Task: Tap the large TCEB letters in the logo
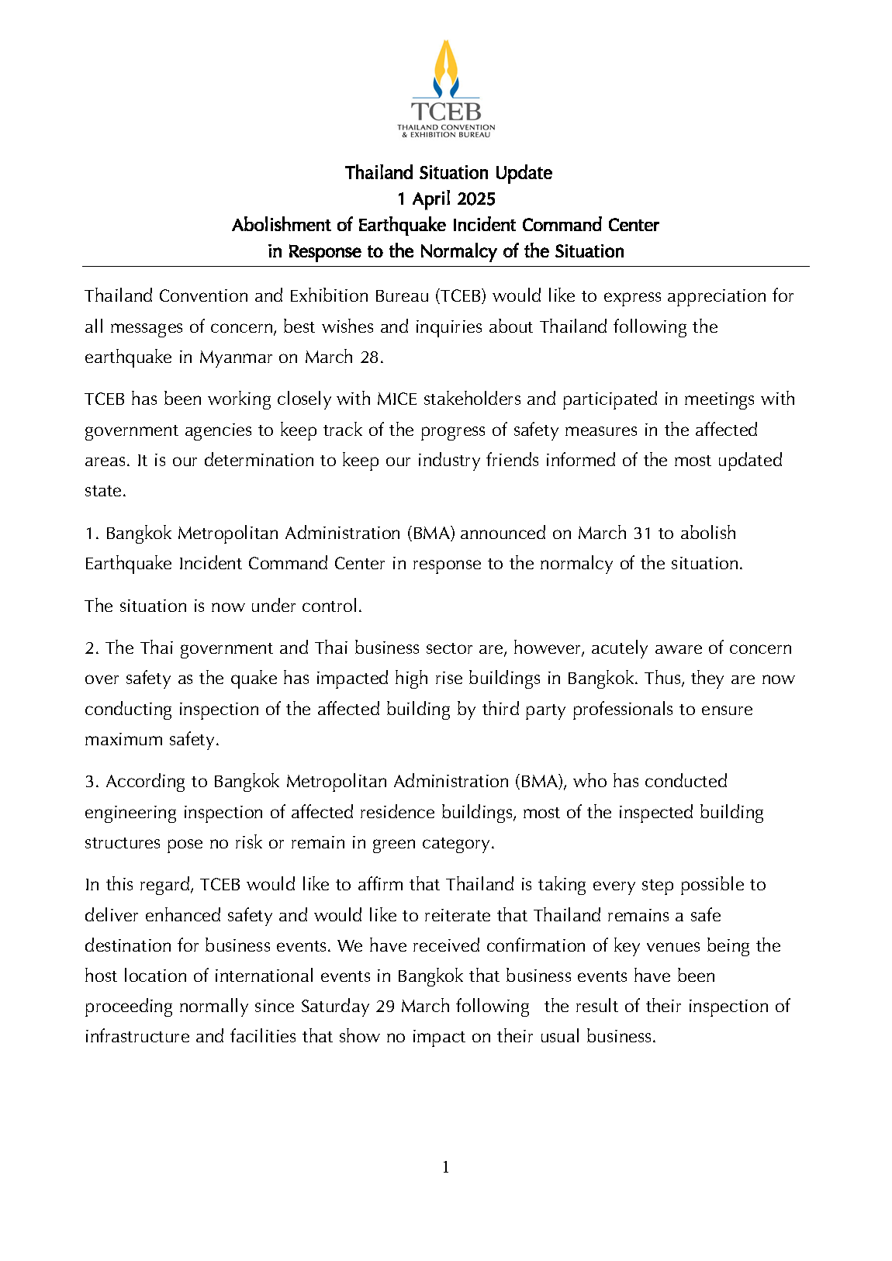tap(446, 112)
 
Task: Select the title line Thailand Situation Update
tap(448, 173)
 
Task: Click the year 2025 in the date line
tap(475, 199)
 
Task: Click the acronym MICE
tap(397, 399)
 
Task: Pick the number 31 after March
tap(642, 534)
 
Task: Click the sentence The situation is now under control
tap(223, 606)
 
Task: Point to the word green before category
tap(394, 843)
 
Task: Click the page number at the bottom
tap(446, 1167)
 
